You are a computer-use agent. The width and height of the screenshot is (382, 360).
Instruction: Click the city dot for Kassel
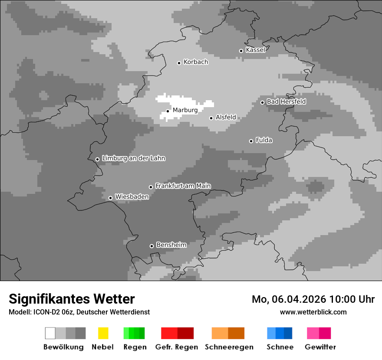pyautogui.click(x=241, y=51)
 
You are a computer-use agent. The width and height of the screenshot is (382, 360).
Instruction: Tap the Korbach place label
pyautogui.click(x=196, y=62)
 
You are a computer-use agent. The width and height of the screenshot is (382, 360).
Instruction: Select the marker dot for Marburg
pyautogui.click(x=168, y=111)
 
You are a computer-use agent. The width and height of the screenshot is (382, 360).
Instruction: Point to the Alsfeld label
pyautogui.click(x=226, y=117)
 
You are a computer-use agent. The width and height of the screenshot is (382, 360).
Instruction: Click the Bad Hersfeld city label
pyautogui.click(x=286, y=101)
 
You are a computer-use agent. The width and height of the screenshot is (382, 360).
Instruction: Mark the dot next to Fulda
pyautogui.click(x=251, y=141)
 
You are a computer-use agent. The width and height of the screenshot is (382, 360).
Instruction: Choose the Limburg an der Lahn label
pyautogui.click(x=133, y=158)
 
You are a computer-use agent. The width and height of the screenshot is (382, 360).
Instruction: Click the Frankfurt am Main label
pyautogui.click(x=183, y=186)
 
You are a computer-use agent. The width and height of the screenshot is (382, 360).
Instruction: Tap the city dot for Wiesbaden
pyautogui.click(x=110, y=198)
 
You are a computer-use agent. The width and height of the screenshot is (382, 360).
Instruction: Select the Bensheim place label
pyautogui.click(x=171, y=245)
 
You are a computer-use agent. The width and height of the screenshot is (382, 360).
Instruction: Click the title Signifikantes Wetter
pyautogui.click(x=72, y=299)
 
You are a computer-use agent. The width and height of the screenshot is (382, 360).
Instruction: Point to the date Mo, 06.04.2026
pyautogui.click(x=289, y=299)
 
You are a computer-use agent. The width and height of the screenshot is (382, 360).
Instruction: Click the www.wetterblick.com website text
pyautogui.click(x=313, y=312)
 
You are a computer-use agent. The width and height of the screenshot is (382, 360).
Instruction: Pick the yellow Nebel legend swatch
pyautogui.click(x=103, y=333)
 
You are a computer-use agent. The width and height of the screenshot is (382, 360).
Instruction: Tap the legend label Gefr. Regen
pyautogui.click(x=177, y=347)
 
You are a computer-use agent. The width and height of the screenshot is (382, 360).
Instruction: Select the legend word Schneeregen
pyautogui.click(x=229, y=347)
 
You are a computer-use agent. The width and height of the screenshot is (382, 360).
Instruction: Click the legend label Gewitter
pyautogui.click(x=320, y=347)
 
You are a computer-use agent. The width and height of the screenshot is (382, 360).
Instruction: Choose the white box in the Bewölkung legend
pyautogui.click(x=50, y=333)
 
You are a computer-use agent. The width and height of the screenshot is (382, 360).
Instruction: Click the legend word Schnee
pyautogui.click(x=280, y=347)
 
